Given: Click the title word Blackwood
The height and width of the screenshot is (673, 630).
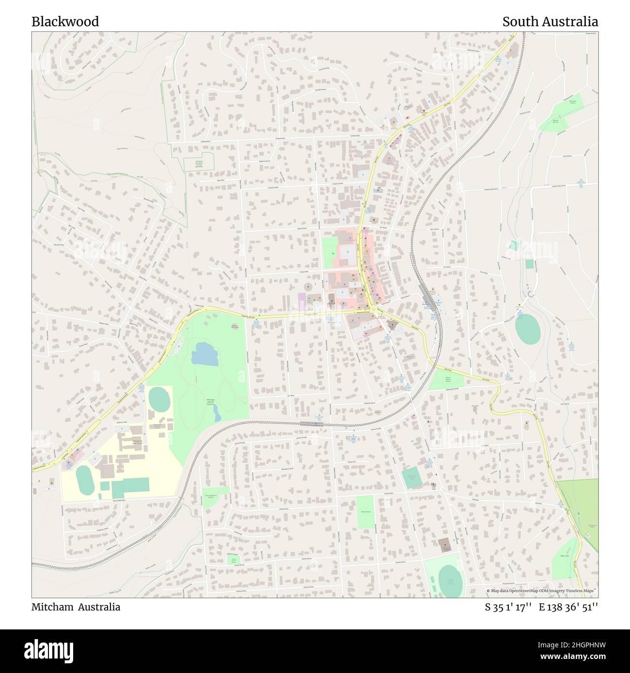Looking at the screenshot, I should pyautogui.click(x=65, y=22).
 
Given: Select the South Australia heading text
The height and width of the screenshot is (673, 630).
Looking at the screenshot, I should pyautogui.click(x=550, y=22).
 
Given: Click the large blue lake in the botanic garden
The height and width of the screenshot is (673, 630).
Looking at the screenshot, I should pyautogui.click(x=205, y=354).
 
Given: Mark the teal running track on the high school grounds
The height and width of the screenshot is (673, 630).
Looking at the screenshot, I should pyautogui.click(x=85, y=480).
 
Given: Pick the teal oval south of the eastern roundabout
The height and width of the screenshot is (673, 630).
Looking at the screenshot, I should pyautogui.click(x=527, y=330).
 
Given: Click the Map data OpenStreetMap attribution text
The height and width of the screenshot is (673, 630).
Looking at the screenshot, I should pyautogui.click(x=542, y=591).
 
